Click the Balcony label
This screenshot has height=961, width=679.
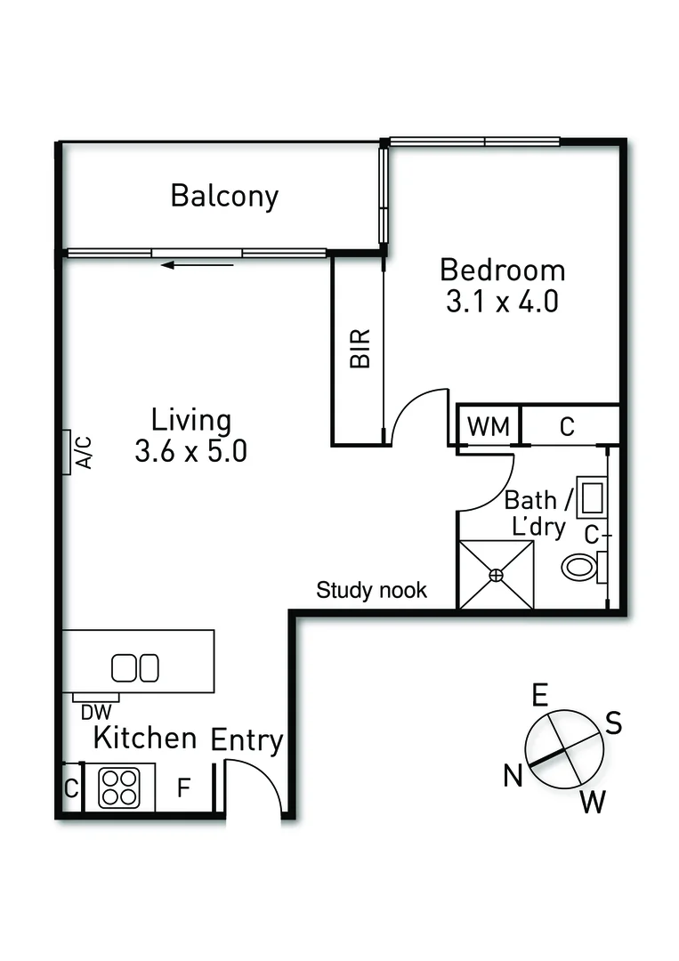pos(224,195)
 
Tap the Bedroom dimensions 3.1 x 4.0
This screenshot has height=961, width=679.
pos(502,302)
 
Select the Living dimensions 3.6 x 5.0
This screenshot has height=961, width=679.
pos(190,451)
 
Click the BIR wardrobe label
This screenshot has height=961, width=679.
pos(359,349)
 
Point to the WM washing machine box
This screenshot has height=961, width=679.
pos(489,426)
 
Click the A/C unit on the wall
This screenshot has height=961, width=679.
pos(68,452)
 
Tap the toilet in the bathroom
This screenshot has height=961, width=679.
pos(582,566)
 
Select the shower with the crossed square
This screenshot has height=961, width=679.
pos(496,576)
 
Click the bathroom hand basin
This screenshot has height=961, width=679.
pos(590,497)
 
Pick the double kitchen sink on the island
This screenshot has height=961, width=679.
pos(135,666)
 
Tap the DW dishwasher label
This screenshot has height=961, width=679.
pos(94,712)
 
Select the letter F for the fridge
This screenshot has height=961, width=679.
pos(182,788)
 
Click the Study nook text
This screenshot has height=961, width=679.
pos(372,590)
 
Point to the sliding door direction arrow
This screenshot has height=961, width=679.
pos(198,264)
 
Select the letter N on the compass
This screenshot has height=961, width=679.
pos(512,776)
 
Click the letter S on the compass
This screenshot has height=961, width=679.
pos(613,723)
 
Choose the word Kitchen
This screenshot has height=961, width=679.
pos(145,738)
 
